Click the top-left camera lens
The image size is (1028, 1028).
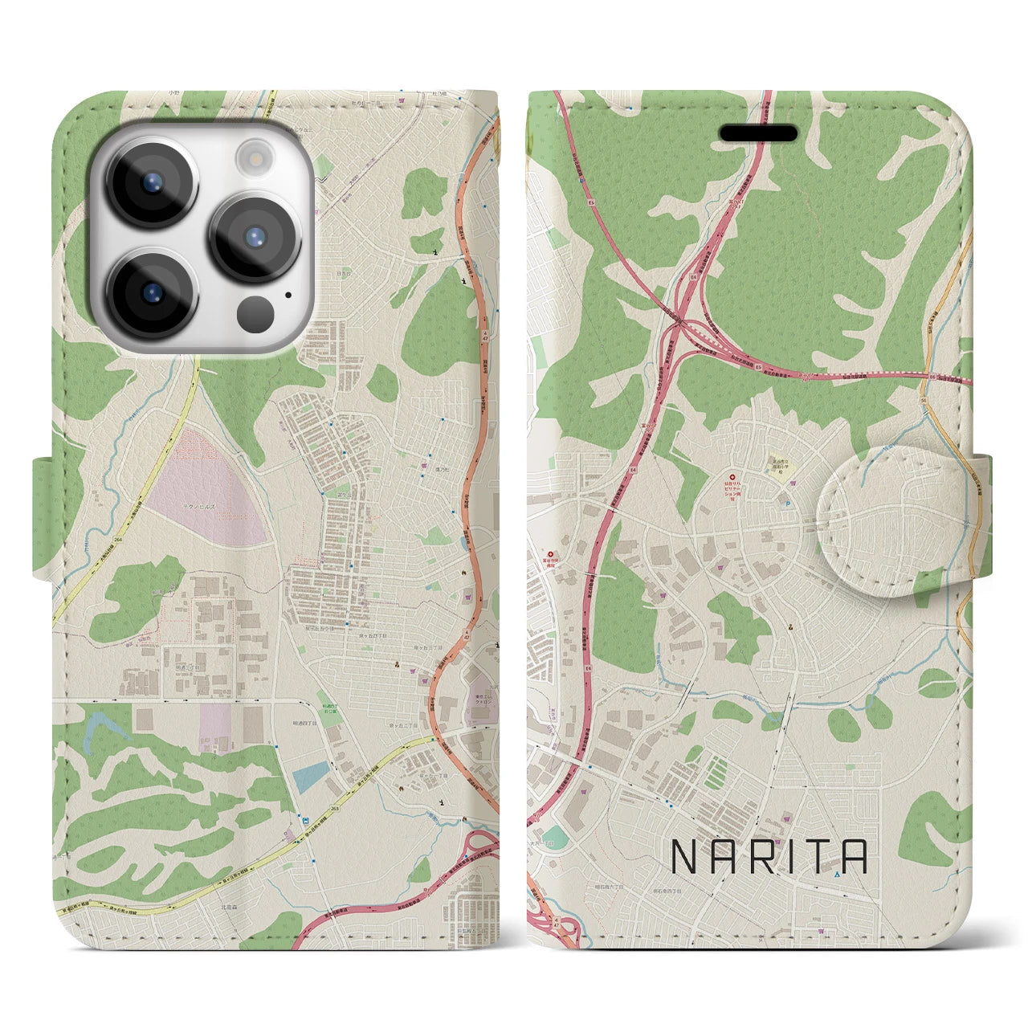pos(151,182)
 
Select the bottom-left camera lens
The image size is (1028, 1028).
pos(151,293)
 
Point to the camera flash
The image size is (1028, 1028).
pos(256,155)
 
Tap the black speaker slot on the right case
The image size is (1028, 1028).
pos(757,133)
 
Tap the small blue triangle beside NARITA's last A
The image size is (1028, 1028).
pos(838,874)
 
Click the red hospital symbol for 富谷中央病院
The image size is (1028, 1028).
pos(551,554)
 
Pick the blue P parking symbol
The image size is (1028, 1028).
pos(786,504)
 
